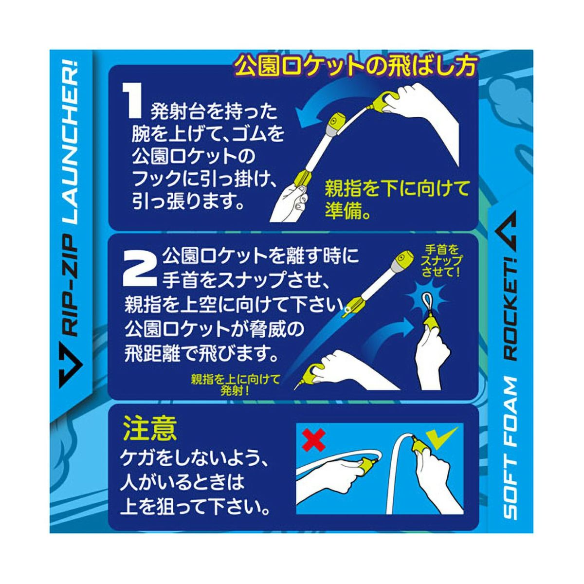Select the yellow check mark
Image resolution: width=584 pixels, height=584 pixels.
[x=441, y=436]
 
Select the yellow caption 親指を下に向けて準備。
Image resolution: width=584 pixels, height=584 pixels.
[x=397, y=200]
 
